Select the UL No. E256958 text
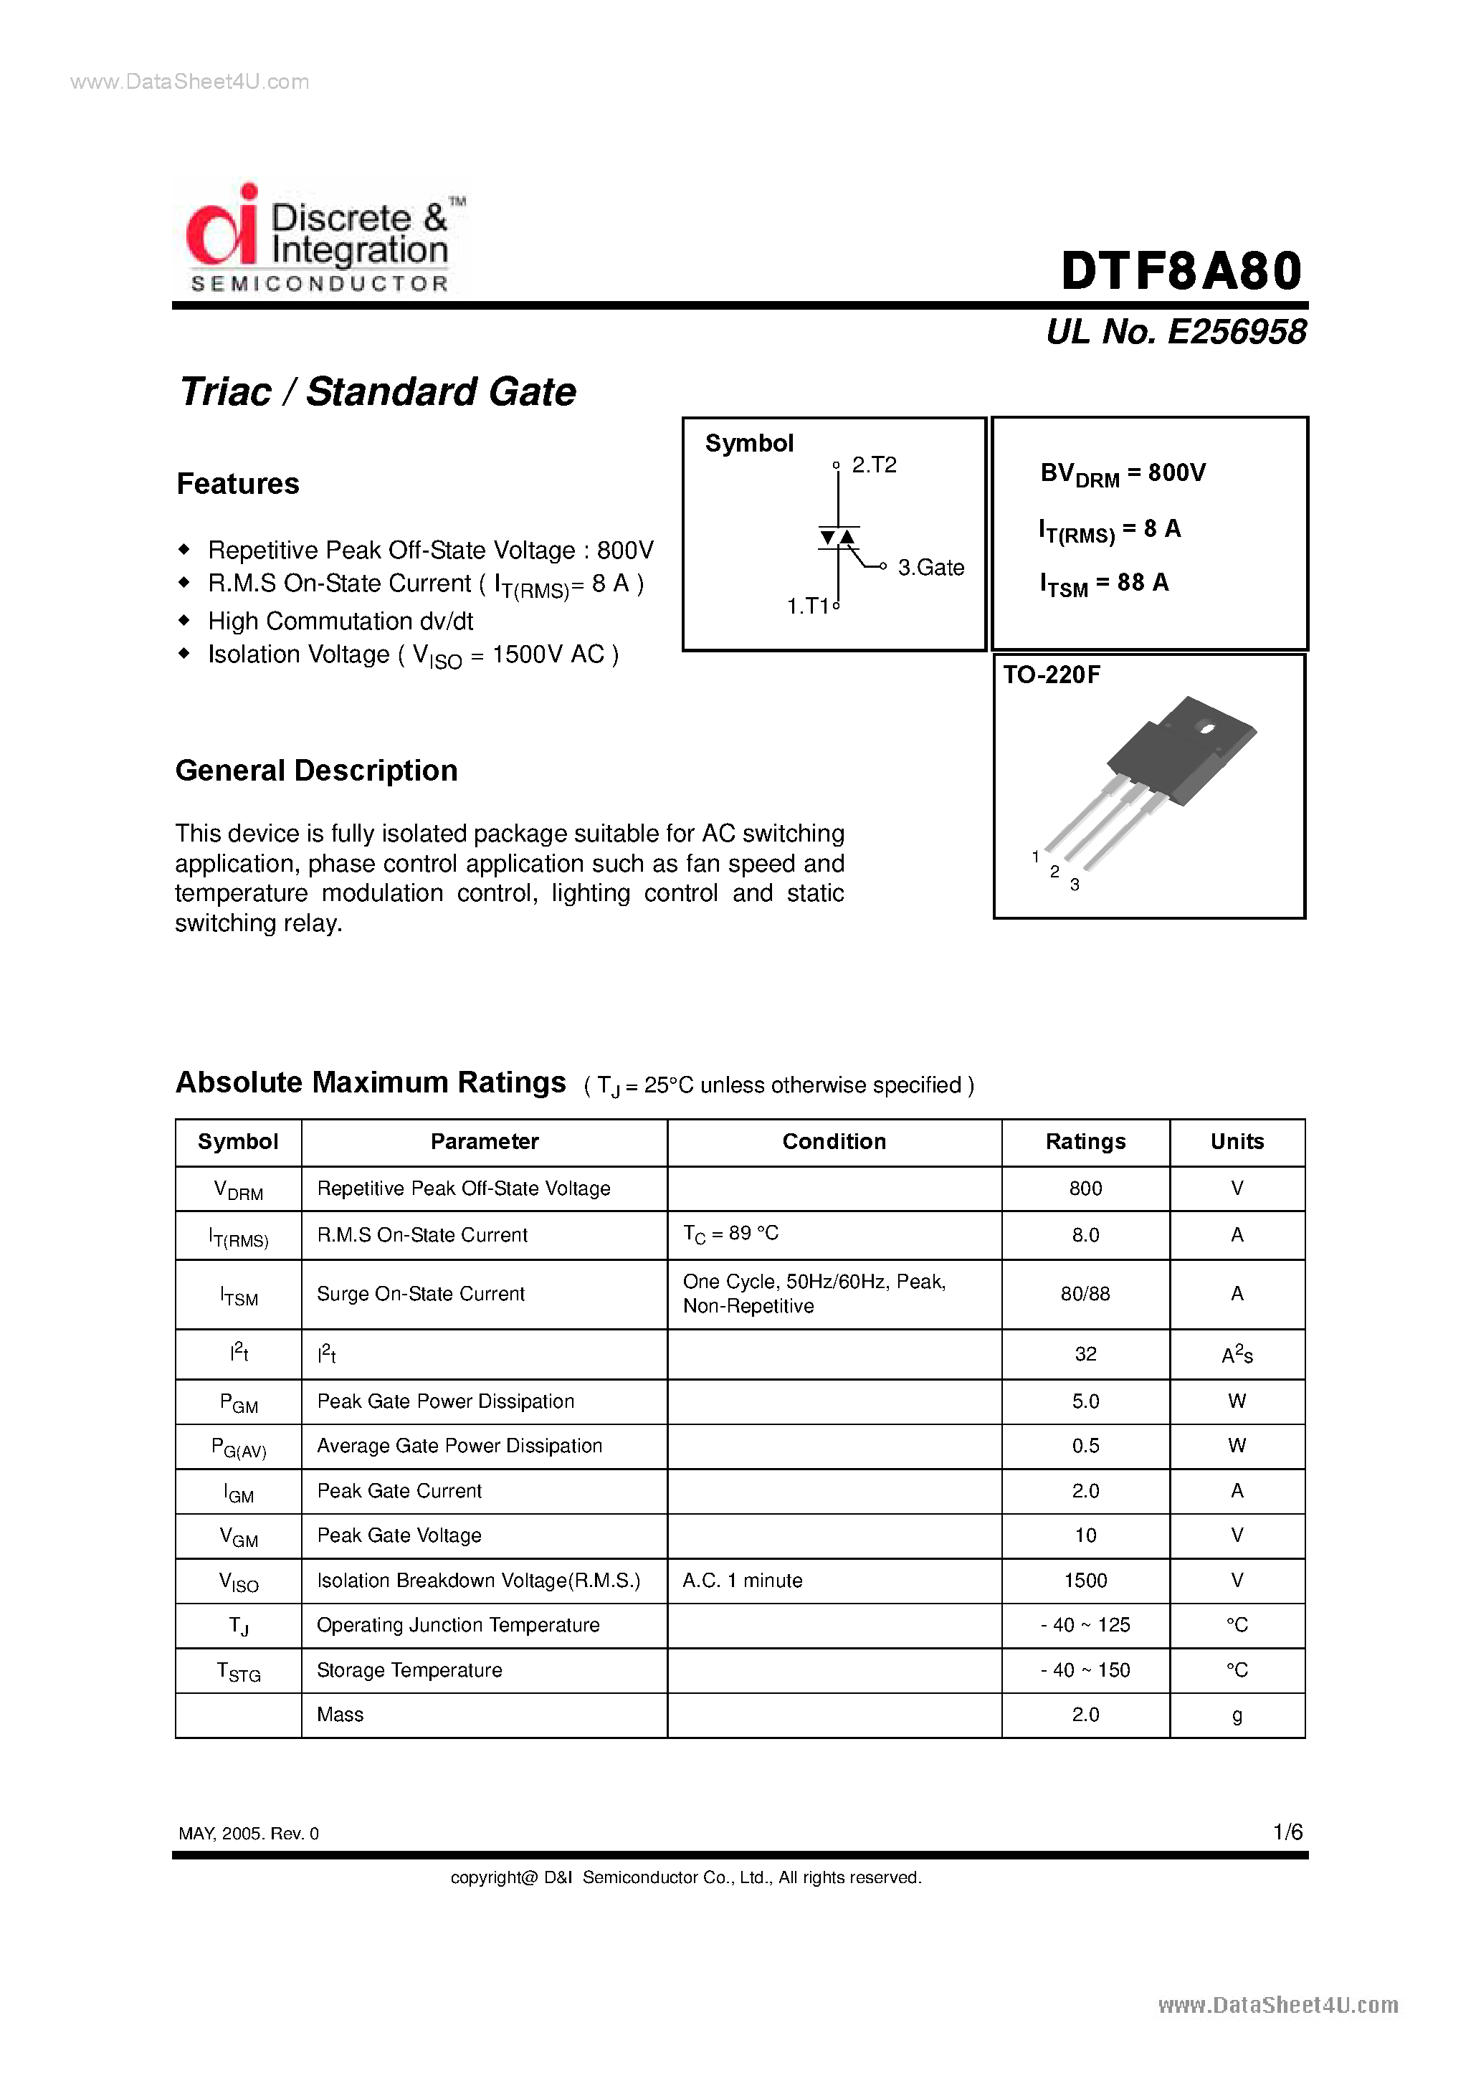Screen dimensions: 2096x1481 [1176, 331]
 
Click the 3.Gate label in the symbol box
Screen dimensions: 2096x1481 [930, 568]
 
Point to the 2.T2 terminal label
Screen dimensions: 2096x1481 [874, 465]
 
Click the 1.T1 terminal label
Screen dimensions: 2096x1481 [807, 606]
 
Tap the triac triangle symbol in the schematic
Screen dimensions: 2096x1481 [837, 538]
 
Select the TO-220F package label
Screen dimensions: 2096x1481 [1052, 675]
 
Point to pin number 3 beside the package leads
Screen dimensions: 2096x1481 [1075, 885]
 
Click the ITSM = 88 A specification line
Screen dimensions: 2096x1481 [1104, 583]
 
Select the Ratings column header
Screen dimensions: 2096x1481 [1085, 1141]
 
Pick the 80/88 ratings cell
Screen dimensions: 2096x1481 [1085, 1294]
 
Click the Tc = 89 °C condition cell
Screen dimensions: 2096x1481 [730, 1234]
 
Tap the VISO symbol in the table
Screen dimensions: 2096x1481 [238, 1581]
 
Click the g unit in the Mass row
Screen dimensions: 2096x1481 [1237, 1715]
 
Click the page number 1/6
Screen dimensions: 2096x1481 [1287, 1831]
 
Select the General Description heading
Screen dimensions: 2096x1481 [316, 771]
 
